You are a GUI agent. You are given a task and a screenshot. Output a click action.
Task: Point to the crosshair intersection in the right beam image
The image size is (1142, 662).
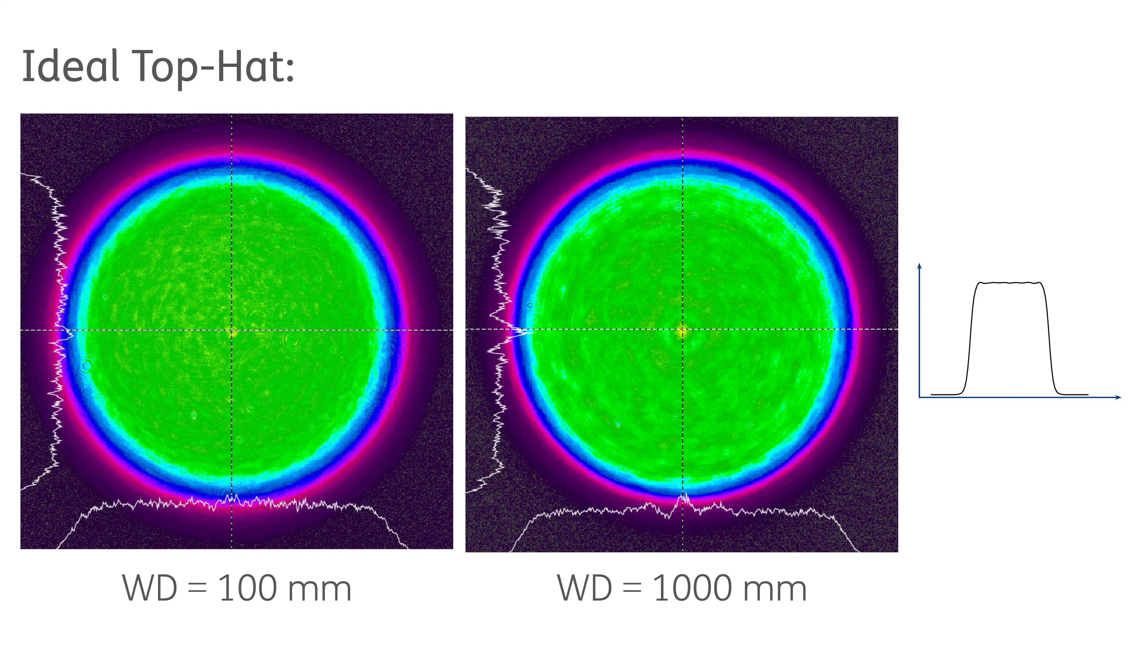(683, 329)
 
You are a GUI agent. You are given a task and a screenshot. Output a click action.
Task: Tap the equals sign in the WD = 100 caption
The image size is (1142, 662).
(197, 589)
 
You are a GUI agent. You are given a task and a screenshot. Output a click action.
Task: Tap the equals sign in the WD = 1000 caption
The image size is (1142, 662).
(632, 589)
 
